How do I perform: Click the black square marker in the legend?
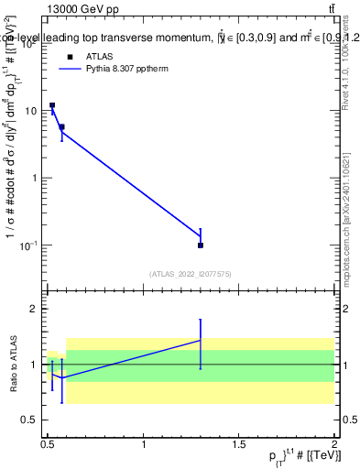[x=69, y=56]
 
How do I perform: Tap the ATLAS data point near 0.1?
[x=201, y=245]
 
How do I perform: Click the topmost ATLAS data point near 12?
[x=52, y=105]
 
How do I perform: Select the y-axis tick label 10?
[x=31, y=111]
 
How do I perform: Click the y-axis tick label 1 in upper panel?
[x=36, y=178]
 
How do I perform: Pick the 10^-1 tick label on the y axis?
[x=30, y=245]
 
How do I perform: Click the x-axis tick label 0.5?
[x=49, y=444]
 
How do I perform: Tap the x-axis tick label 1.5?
[x=240, y=444]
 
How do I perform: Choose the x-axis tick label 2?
[x=334, y=444]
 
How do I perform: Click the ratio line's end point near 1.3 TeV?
[x=201, y=341]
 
